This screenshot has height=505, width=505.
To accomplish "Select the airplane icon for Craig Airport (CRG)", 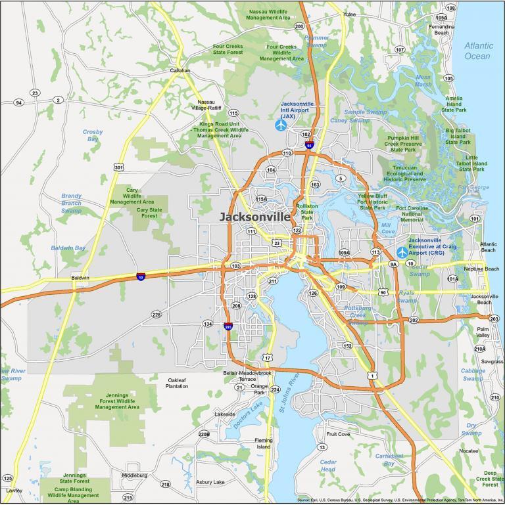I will pyautogui.click(x=402, y=252).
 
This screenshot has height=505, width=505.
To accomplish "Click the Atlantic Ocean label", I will pyautogui.click(x=477, y=51).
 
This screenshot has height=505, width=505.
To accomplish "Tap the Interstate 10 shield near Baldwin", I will pyautogui.click(x=141, y=277).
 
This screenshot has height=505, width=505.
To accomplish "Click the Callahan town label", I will pyautogui.click(x=180, y=70).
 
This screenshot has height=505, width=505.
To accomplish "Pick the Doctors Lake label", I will pyautogui.click(x=249, y=416).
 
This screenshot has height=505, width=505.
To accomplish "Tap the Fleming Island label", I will pyautogui.click(x=264, y=443).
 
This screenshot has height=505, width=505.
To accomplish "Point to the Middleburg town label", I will pyautogui.click(x=134, y=475).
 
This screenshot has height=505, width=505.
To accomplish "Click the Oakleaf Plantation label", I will pyautogui.click(x=177, y=384).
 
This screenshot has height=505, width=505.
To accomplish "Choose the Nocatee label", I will pyautogui.click(x=469, y=451).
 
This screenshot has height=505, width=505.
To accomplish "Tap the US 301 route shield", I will pyautogui.click(x=118, y=167).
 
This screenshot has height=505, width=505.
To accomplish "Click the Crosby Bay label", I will pyautogui.click(x=93, y=135).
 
